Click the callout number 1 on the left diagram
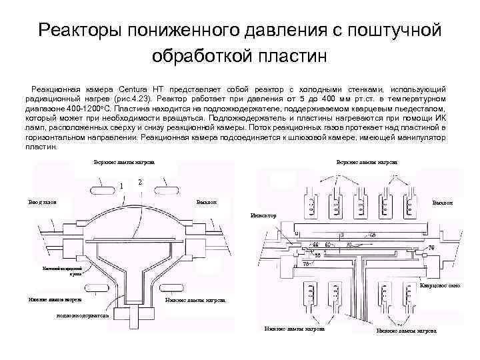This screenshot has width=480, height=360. click(121, 185)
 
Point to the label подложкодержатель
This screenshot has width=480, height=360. click(85, 315)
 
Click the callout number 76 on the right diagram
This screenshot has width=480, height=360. click(431, 248)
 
